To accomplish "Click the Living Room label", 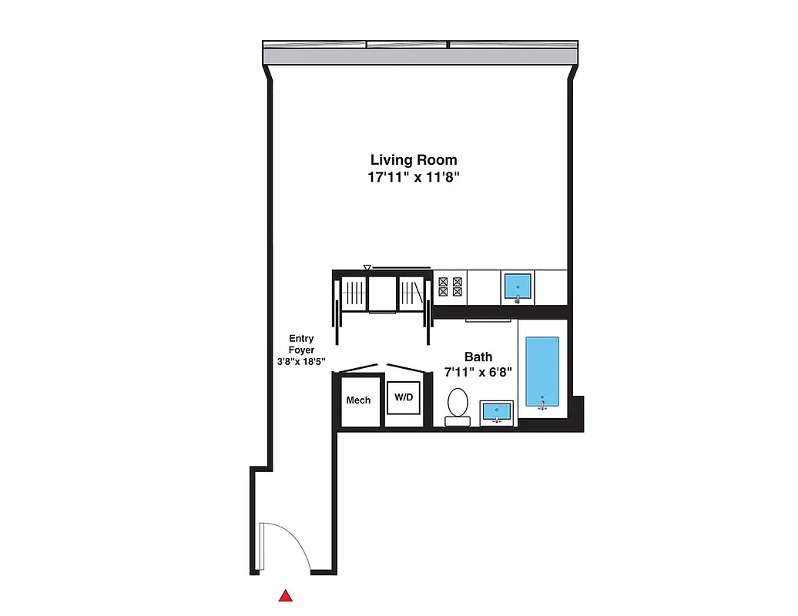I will (414, 160).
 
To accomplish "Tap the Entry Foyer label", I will (301, 343).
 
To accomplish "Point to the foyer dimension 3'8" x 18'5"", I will (302, 360).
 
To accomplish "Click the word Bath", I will (478, 357).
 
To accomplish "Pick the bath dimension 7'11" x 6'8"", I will (478, 372).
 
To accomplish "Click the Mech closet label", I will (358, 400).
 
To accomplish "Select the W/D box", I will (403, 398).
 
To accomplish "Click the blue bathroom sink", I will (497, 413).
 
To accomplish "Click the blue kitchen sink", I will (518, 286).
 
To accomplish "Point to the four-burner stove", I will (450, 287).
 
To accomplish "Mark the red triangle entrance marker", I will (286, 595).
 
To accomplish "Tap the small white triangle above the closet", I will (367, 268).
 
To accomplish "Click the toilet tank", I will (457, 420).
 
